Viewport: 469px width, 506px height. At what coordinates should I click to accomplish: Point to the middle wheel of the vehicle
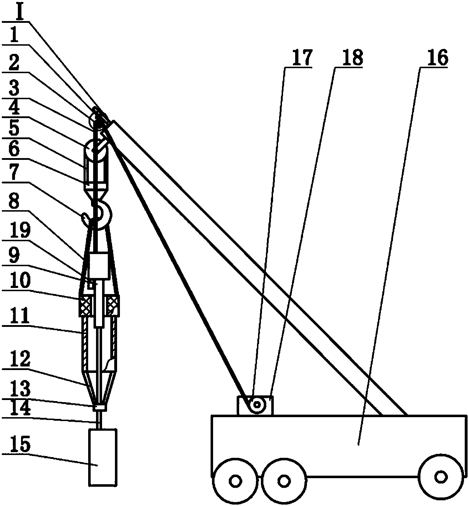[284, 481]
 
